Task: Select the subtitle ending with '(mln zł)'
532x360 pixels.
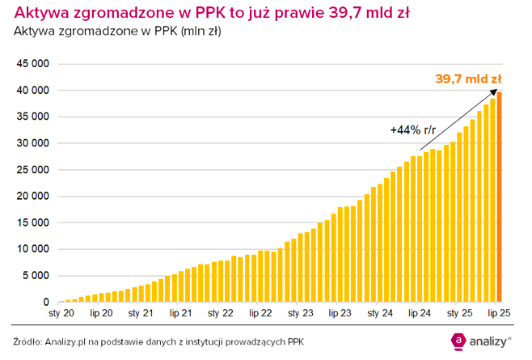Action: click(x=117, y=32)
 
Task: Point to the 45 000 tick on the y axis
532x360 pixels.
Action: click(x=32, y=64)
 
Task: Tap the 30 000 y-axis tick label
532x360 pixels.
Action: click(x=32, y=143)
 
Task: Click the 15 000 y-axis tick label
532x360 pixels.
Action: click(x=32, y=222)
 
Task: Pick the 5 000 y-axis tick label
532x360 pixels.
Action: click(x=35, y=276)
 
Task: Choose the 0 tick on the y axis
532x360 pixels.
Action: click(x=46, y=303)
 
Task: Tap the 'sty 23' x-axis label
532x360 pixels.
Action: click(x=301, y=312)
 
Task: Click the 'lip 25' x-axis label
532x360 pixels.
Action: click(x=498, y=312)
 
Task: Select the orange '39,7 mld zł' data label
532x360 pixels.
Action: click(x=468, y=79)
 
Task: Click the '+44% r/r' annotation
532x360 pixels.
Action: click(x=413, y=129)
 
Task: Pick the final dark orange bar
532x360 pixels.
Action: click(x=500, y=197)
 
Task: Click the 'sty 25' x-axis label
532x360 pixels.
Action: click(x=459, y=312)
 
